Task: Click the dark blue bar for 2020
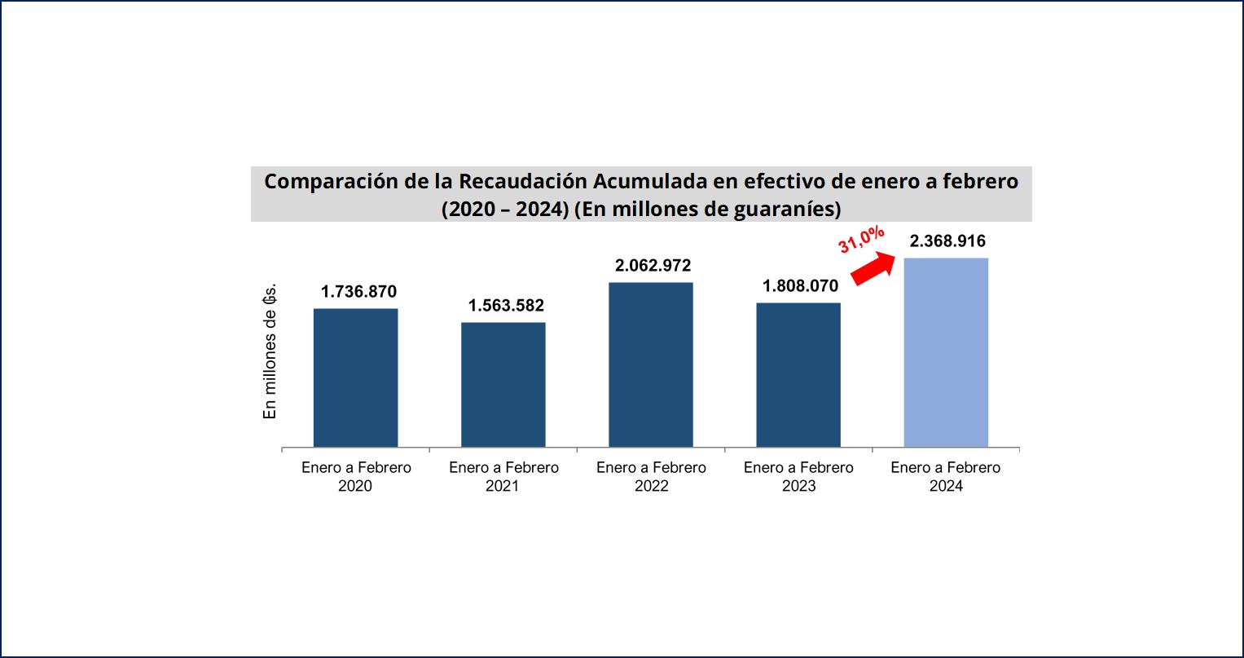click(x=355, y=378)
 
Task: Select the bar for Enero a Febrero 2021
click(x=503, y=384)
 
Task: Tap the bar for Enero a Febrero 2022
click(x=651, y=364)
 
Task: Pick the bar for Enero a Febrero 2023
click(x=798, y=375)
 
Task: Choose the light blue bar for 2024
click(x=946, y=352)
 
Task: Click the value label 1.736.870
click(x=358, y=292)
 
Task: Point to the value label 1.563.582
click(x=506, y=306)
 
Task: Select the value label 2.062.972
click(x=653, y=266)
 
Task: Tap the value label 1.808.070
click(x=800, y=286)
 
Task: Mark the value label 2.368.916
click(x=947, y=241)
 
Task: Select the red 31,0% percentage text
click(x=861, y=241)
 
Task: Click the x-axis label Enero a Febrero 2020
click(x=356, y=477)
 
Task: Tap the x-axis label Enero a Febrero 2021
click(x=503, y=477)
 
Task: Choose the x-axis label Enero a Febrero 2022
click(x=651, y=477)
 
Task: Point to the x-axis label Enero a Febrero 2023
click(x=798, y=477)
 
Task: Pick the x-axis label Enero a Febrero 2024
click(x=945, y=477)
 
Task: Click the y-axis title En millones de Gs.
click(x=270, y=351)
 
